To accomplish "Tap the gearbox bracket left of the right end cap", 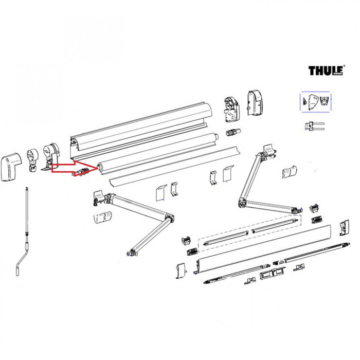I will click(x=230, y=109).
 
